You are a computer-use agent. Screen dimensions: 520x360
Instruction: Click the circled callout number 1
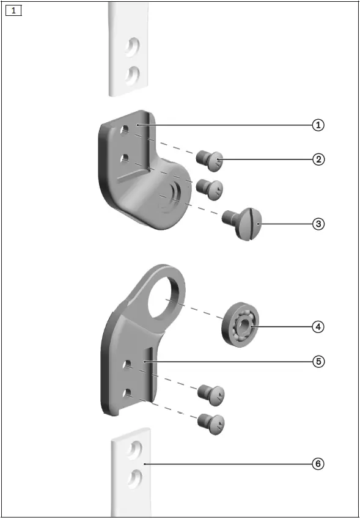(x=318, y=125)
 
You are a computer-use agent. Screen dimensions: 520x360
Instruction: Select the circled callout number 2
(x=318, y=159)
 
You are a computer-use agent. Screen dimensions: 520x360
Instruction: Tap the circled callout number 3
(x=318, y=224)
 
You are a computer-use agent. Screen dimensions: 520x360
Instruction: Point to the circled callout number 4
(x=318, y=327)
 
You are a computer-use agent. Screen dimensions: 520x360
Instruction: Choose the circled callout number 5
(x=318, y=361)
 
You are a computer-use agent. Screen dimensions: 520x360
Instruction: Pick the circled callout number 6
(x=318, y=464)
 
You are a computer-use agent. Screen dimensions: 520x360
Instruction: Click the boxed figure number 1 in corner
(x=13, y=10)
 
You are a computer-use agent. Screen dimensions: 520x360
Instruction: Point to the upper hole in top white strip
(x=133, y=47)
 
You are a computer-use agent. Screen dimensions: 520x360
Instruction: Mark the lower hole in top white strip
(x=133, y=75)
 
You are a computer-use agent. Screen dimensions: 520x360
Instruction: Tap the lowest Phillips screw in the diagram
(x=211, y=423)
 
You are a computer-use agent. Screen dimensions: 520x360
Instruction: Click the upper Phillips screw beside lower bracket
(x=213, y=394)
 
